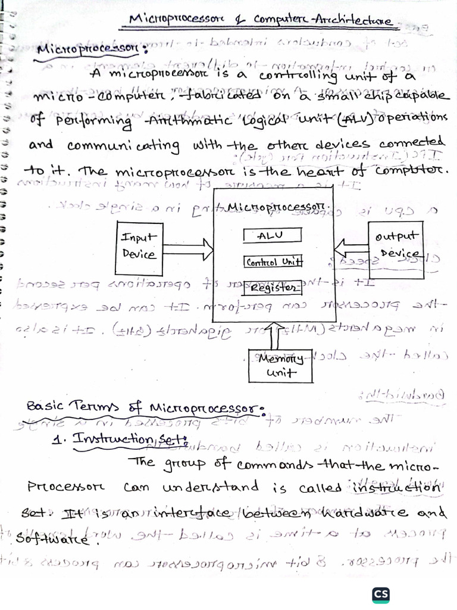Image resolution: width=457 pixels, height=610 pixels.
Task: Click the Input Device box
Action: [x=139, y=245]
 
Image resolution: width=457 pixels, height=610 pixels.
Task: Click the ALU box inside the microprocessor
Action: [x=273, y=235]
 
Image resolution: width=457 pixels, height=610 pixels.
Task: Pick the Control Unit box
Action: [x=274, y=262]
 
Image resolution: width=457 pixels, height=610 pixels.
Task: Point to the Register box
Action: [x=273, y=289]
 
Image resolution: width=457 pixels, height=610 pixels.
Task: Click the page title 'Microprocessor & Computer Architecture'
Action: [x=262, y=21]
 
